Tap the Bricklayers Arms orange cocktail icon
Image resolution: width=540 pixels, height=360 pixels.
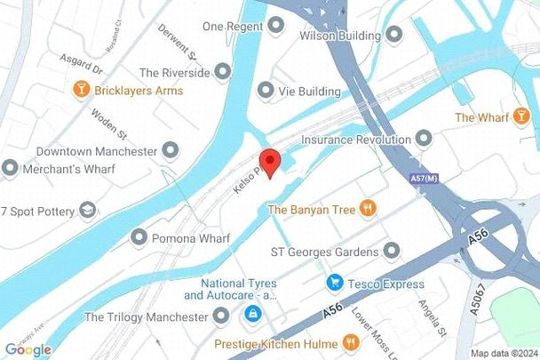click(x=82, y=91)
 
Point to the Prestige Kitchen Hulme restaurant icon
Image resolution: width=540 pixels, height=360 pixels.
click(x=351, y=341)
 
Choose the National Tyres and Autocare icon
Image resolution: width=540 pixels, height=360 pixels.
click(x=253, y=314)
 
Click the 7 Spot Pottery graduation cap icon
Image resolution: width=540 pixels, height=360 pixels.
click(x=87, y=210)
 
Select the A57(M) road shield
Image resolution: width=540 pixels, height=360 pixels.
click(x=423, y=180)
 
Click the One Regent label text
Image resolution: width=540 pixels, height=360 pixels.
click(x=233, y=27)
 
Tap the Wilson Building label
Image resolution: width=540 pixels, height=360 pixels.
click(x=339, y=36)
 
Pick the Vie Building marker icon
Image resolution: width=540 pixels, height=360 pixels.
click(x=265, y=91)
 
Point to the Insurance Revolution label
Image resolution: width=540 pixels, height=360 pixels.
click(x=355, y=140)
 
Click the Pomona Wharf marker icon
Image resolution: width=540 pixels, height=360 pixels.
click(x=138, y=237)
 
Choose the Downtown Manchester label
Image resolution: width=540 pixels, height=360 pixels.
click(x=97, y=152)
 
